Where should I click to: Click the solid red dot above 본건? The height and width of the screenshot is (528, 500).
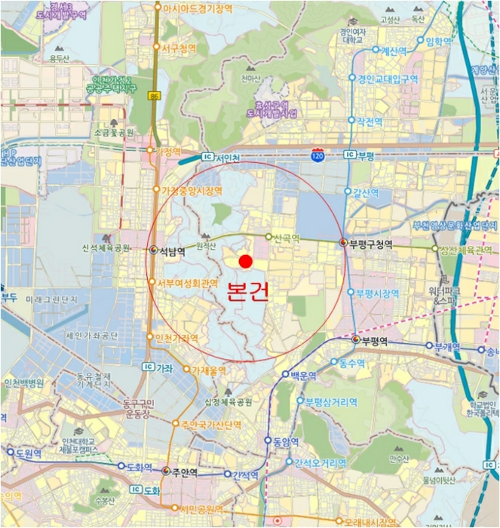[245, 262]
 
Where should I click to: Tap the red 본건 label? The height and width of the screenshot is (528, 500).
[247, 292]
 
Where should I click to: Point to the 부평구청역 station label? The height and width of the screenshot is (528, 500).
[371, 243]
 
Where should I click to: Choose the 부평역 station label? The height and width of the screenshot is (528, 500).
[374, 341]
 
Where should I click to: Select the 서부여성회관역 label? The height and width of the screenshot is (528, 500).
[188, 284]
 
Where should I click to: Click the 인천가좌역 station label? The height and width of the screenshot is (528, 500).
[177, 337]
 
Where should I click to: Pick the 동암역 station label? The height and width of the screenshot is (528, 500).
[286, 441]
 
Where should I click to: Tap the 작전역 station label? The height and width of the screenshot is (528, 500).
[370, 121]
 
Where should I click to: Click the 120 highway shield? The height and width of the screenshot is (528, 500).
[318, 155]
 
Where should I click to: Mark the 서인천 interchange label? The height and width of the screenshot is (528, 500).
[227, 158]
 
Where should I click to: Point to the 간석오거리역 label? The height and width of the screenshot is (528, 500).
[320, 462]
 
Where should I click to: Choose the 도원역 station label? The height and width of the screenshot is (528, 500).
[30, 453]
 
